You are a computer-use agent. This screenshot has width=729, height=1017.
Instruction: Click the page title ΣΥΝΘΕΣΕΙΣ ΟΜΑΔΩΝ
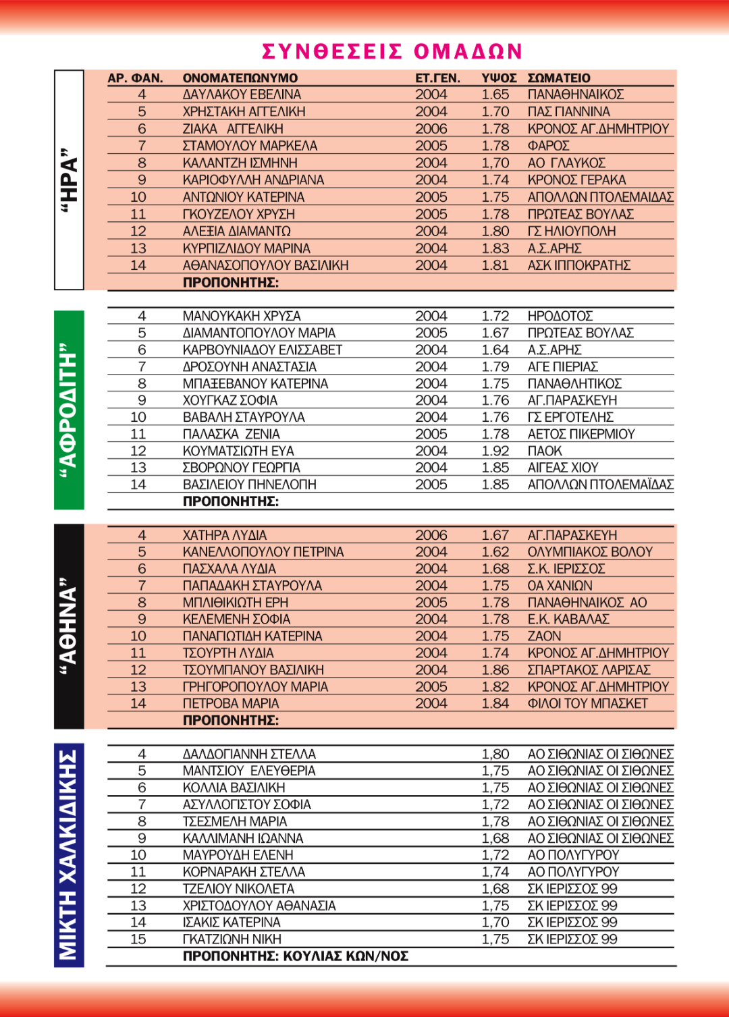(391, 51)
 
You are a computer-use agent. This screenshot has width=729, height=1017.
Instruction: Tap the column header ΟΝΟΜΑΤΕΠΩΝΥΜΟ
(240, 78)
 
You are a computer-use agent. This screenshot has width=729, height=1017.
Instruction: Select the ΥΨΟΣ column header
(499, 78)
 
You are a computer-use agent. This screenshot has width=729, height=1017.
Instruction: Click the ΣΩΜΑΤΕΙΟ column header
(559, 78)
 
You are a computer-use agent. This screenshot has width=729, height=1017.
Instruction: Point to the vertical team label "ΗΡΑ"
(69, 180)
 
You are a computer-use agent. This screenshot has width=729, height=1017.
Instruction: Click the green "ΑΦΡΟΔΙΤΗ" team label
(69, 410)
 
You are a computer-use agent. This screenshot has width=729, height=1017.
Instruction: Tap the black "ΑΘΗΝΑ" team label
(69, 626)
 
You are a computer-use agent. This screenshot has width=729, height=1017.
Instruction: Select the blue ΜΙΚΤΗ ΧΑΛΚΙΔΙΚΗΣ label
(69, 854)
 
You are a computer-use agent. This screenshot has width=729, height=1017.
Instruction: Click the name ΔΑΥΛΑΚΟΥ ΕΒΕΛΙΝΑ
(242, 94)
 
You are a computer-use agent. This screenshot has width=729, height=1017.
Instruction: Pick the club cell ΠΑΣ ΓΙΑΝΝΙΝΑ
(568, 111)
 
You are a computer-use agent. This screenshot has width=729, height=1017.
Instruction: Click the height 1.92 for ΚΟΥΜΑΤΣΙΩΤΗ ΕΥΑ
(495, 451)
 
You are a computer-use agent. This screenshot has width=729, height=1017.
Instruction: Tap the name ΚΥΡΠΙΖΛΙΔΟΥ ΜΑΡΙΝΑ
(246, 248)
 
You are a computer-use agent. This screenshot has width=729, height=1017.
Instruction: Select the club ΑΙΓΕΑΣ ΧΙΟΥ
(563, 468)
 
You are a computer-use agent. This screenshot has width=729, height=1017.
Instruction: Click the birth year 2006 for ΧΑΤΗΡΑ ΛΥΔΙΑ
(431, 535)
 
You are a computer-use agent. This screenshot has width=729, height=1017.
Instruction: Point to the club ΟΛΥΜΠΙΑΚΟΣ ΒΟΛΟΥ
(590, 552)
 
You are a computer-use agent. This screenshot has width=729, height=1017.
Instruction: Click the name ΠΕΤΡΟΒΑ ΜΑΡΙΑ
(231, 703)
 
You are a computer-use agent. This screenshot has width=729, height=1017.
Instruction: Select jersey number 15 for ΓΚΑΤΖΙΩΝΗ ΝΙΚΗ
(138, 939)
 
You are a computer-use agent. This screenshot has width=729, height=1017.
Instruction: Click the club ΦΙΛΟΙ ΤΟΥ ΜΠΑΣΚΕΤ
(587, 703)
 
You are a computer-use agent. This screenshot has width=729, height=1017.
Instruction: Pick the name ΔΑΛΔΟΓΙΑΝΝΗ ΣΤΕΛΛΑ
(249, 754)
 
